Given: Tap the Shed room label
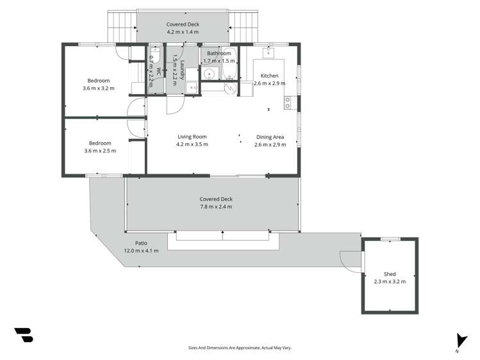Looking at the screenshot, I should [389, 274].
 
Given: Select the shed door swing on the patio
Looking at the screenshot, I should [347, 260].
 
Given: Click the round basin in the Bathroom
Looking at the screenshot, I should [208, 74].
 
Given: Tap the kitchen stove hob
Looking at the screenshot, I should [288, 101].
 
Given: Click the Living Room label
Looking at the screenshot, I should [192, 136].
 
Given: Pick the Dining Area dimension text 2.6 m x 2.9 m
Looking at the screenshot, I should [270, 145].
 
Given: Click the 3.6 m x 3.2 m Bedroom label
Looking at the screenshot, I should [99, 88].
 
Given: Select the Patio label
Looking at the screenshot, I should [141, 243].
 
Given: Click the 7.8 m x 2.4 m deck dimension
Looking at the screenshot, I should [216, 207].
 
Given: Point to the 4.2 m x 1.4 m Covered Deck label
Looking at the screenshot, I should [183, 31].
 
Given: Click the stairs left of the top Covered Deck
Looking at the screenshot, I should [121, 26].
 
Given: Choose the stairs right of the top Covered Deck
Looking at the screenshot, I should [245, 26].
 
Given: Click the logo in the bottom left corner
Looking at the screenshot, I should [23, 334].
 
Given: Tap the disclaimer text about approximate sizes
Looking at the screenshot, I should [239, 348].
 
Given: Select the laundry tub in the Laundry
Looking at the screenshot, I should [191, 88].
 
